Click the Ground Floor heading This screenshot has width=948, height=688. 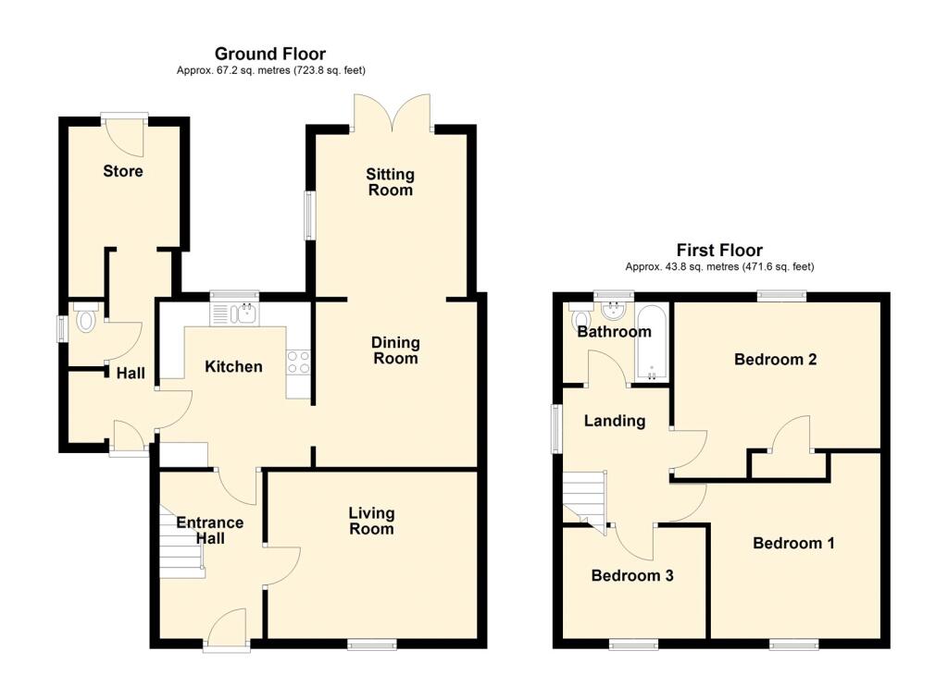click(270, 54)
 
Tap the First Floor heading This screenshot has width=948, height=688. click(719, 250)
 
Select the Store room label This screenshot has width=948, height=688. click(123, 171)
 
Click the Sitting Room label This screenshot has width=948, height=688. click(390, 182)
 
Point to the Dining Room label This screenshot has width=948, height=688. click(395, 350)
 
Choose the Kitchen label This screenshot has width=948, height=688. click(233, 366)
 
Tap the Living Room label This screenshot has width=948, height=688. click(371, 521)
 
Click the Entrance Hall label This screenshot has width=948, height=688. click(210, 531)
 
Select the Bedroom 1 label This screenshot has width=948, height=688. click(793, 543)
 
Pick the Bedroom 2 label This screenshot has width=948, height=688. click(775, 360)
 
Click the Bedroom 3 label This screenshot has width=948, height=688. click(632, 576)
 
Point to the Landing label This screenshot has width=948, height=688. click(615, 421)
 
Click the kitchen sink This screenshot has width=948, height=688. click(234, 313)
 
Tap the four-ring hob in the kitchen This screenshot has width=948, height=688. click(298, 362)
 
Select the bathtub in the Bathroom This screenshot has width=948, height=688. click(652, 342)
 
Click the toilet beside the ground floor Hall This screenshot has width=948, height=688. click(85, 318)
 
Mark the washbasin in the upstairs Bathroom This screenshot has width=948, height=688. click(615, 311)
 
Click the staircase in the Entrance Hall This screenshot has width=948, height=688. click(181, 542)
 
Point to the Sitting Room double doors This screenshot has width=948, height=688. click(393, 113)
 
